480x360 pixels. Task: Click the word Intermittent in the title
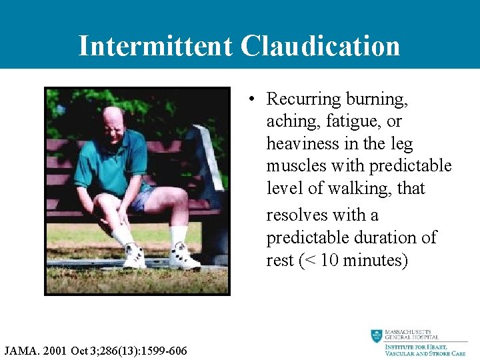(155, 46)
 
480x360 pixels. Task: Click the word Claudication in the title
(320, 46)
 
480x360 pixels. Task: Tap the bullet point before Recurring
(248, 100)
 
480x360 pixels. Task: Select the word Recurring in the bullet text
(303, 99)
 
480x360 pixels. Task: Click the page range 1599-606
(163, 351)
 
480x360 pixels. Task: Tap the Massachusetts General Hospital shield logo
(378, 337)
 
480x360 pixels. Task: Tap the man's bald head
(114, 117)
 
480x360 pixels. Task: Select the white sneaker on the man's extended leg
(185, 257)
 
